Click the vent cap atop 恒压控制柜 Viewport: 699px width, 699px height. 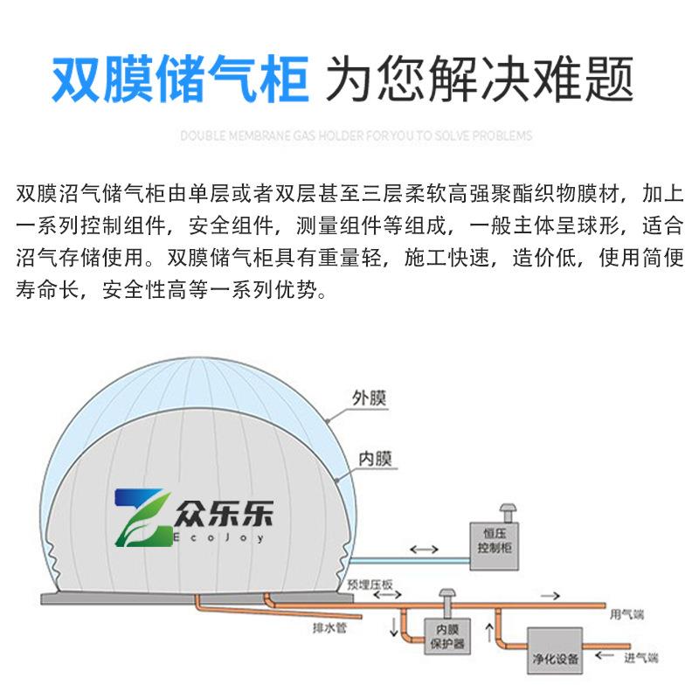pos(504,510)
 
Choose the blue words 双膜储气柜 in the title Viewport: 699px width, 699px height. pos(180,81)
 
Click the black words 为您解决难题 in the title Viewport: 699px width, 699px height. pos(479,81)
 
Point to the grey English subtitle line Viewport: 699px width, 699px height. pos(356,136)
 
